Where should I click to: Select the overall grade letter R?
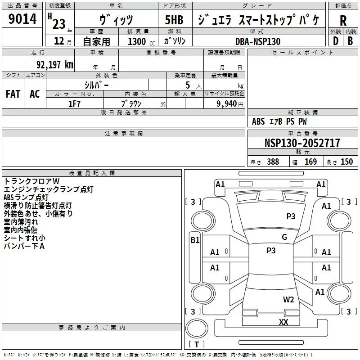pos(343,21)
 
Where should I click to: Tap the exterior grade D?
pos(335,40)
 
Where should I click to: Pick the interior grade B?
pos(350,40)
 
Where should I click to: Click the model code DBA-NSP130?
pos(258,41)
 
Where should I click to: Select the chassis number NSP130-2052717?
pos(302,143)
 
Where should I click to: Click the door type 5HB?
pos(174,20)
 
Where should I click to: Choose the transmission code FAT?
pos(13,94)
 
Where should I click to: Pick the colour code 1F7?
pos(74,103)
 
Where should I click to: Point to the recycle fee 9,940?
pos(227,103)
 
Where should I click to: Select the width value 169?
pos(310,162)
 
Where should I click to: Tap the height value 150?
pos(347,162)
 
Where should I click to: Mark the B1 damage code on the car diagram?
pos(195,240)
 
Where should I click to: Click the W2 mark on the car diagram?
pos(288,300)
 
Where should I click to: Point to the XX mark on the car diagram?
pos(283,322)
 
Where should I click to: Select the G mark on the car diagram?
pos(284,237)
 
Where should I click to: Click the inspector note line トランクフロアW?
pos(31,181)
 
